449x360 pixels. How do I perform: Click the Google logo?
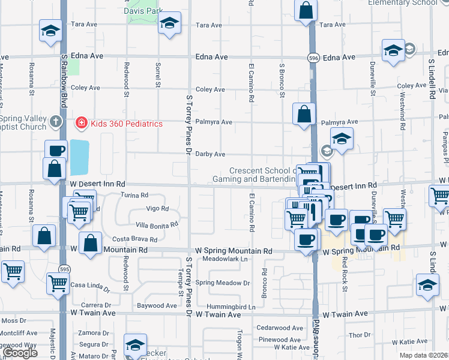(x=20, y=353)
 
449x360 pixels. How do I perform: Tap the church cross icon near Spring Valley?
(x=56, y=122)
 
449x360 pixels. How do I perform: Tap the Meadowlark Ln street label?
(x=225, y=259)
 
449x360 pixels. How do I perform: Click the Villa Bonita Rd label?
(x=157, y=225)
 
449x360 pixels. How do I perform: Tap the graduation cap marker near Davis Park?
(x=170, y=23)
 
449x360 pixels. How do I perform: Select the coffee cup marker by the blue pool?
(x=56, y=150)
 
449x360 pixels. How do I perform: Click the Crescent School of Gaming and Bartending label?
(x=260, y=175)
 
